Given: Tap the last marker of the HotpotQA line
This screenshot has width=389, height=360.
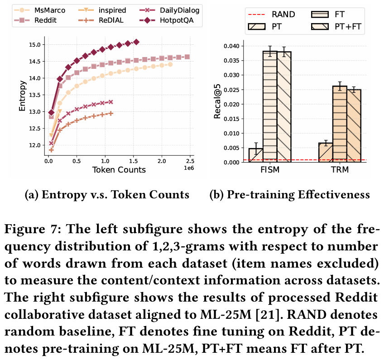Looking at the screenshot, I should click(136, 42).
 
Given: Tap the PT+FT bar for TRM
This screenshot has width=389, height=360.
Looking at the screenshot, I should click(354, 125).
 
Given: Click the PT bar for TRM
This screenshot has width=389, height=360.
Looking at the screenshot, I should click(326, 151).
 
